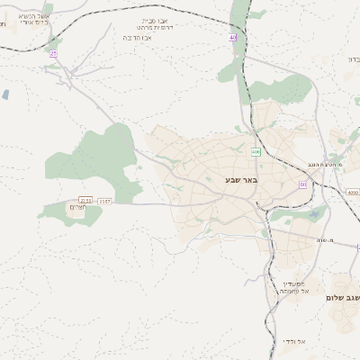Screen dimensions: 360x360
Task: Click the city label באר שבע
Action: point(240,180)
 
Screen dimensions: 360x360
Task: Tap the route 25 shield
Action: point(54,53)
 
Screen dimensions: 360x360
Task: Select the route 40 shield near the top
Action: point(233,38)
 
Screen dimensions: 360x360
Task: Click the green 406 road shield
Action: point(256,151)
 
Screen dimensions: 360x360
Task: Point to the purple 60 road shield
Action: point(302,184)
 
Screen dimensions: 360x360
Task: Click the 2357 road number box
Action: point(104,201)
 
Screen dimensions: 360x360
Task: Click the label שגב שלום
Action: point(342,297)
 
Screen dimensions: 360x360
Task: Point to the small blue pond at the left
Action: point(6,94)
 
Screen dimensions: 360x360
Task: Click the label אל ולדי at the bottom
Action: point(294,342)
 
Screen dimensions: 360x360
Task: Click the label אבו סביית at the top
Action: point(155,20)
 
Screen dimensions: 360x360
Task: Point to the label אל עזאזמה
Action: point(293,292)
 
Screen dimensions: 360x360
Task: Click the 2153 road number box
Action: point(86,201)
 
